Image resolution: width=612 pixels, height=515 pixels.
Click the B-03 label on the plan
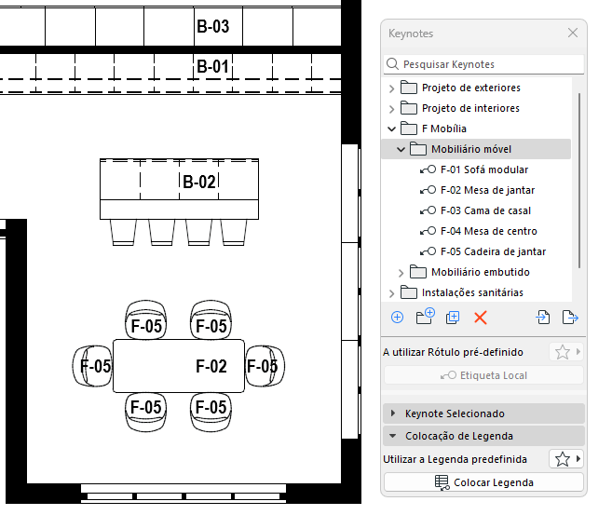click(x=212, y=26)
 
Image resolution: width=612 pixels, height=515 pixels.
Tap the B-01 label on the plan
click(x=212, y=66)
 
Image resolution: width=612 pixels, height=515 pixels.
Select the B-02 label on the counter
click(x=198, y=182)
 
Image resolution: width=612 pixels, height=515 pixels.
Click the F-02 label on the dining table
click(x=211, y=366)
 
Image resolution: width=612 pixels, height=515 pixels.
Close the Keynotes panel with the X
click(x=573, y=33)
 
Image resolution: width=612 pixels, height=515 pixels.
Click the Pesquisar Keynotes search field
click(x=484, y=64)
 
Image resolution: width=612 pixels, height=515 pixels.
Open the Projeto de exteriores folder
click(x=470, y=88)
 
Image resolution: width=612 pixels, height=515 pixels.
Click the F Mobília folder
click(x=443, y=129)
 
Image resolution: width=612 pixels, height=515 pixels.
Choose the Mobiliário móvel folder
click(x=471, y=149)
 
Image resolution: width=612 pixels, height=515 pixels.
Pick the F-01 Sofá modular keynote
click(x=483, y=169)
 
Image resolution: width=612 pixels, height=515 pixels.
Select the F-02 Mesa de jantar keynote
click(x=487, y=190)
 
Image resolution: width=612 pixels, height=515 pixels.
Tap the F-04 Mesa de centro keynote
click(x=488, y=231)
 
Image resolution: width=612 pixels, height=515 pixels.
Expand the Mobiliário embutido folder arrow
click(x=401, y=272)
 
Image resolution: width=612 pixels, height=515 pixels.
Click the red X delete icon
click(x=481, y=318)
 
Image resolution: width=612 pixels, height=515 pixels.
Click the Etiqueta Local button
click(x=483, y=375)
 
